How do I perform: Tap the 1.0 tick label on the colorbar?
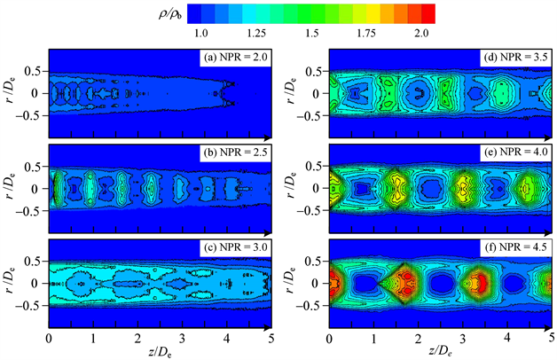(200, 33)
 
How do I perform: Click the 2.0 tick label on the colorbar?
(423, 33)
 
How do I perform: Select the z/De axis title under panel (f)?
(440, 352)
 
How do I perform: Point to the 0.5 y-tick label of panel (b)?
(33, 168)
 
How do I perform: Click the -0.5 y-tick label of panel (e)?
(310, 211)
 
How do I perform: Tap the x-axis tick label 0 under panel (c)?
(49, 339)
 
